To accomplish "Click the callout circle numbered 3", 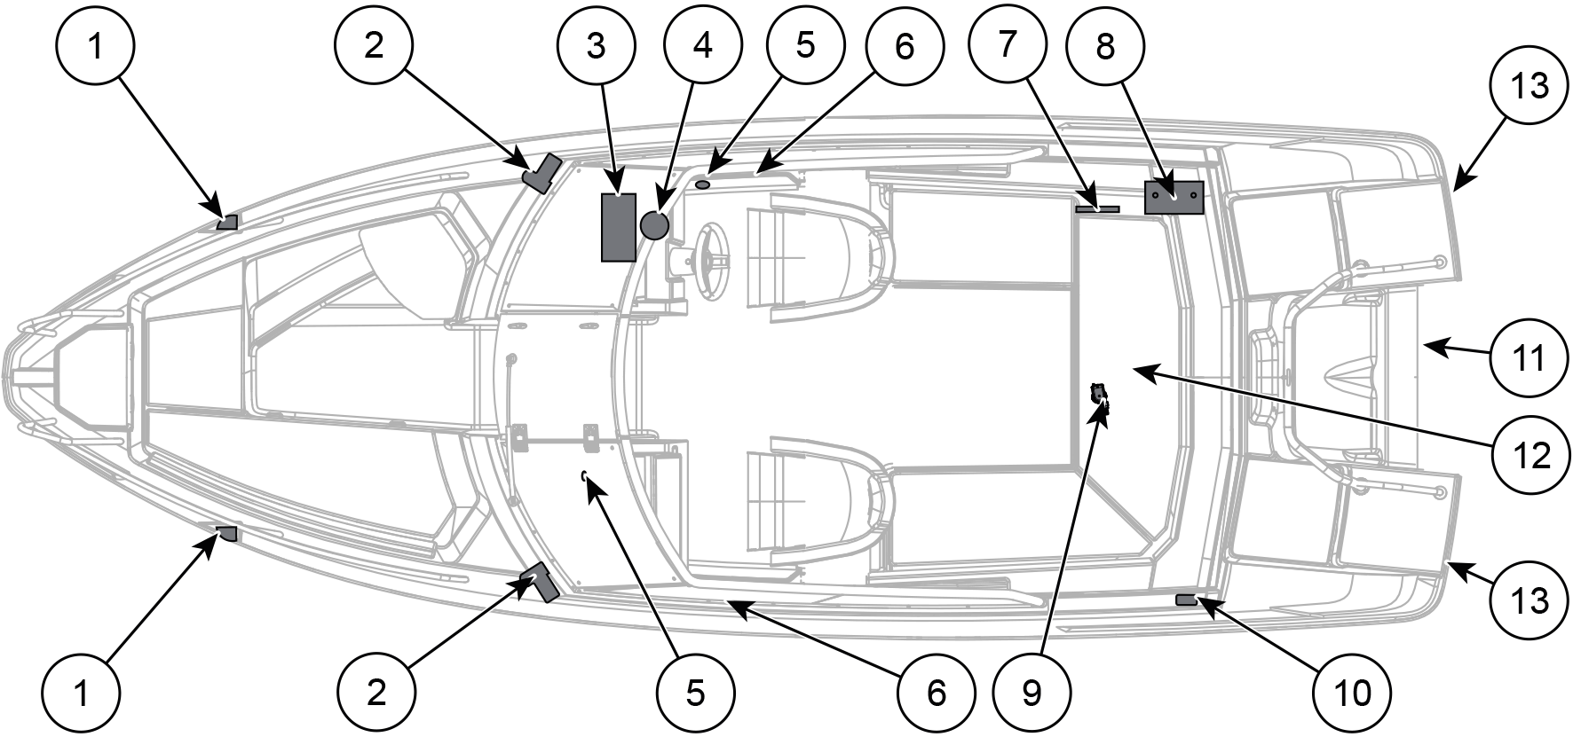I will click(597, 46).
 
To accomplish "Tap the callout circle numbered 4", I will click(702, 46).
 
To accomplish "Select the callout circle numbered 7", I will click(1007, 46).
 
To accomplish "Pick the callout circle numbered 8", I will click(1105, 46).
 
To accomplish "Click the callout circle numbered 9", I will click(1032, 693).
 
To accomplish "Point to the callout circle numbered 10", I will click(1354, 693).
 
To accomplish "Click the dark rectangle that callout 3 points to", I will click(619, 226).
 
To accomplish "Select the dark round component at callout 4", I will click(654, 225).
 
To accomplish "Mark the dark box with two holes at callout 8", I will click(1174, 197).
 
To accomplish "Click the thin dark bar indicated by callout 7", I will click(1098, 209).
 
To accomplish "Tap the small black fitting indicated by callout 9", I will click(1101, 396).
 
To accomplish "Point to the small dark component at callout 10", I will click(1186, 601).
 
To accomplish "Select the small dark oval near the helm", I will click(703, 184).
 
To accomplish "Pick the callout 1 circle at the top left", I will click(94, 46).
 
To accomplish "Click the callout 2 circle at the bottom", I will click(376, 693).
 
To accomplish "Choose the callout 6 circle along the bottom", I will click(937, 693).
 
